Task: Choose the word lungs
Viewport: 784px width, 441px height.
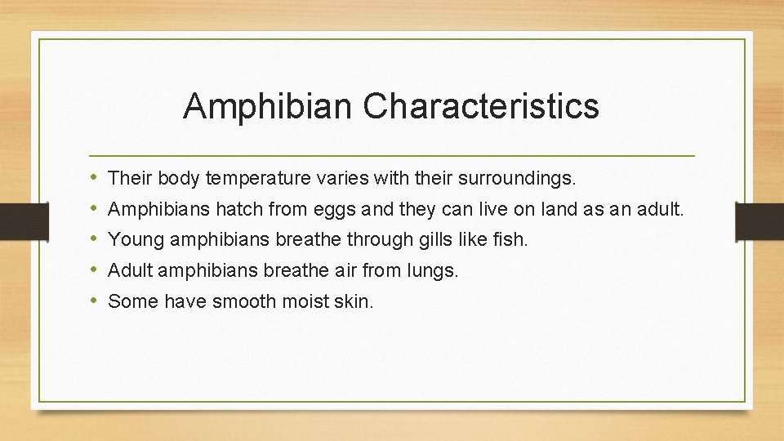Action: pos(428,270)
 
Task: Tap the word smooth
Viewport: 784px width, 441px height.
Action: pos(241,301)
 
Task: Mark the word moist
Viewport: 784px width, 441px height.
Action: pos(304,301)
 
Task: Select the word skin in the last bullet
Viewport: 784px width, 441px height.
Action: pos(352,301)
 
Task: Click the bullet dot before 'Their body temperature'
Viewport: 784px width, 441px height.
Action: pos(95,177)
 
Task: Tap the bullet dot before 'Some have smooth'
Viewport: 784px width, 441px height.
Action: pos(95,301)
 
